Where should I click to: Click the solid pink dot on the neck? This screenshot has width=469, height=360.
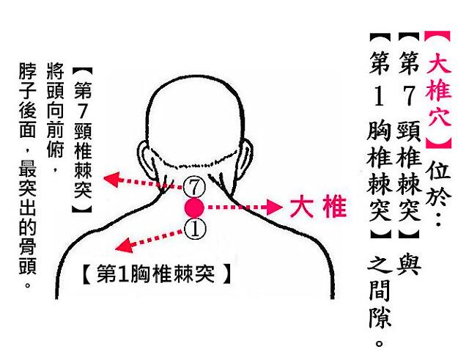194,208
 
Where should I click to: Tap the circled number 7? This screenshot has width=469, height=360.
194,187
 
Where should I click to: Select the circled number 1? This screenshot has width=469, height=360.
195,229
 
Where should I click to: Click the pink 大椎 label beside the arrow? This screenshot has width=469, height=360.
318,207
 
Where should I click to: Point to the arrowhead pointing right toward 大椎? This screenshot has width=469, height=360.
274,207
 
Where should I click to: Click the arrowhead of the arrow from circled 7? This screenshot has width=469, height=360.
111,179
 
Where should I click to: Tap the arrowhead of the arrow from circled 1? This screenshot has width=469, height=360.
124,246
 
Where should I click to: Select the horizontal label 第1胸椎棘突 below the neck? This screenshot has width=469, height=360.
156,273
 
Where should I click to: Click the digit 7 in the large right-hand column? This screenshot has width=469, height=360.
409,95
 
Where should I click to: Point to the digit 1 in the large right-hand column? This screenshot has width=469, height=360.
379,96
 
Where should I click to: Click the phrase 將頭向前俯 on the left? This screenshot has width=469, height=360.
56,110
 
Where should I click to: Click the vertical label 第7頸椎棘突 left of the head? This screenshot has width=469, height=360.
83,140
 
